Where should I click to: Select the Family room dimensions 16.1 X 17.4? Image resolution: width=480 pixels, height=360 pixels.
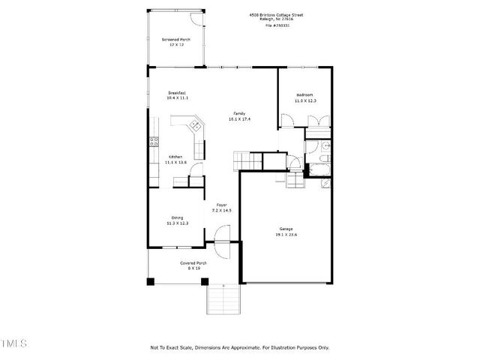[x=240, y=119]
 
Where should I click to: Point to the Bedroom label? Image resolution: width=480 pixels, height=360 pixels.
[x=304, y=95]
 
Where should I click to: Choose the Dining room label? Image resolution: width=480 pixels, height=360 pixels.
[x=177, y=217]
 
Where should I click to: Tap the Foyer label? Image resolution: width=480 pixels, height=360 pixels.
[x=222, y=205]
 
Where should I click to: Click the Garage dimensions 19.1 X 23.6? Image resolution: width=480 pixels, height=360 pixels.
[x=286, y=235]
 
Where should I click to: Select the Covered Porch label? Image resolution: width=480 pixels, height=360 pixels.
[x=193, y=263]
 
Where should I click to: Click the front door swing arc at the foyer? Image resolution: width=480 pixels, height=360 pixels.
[x=223, y=236]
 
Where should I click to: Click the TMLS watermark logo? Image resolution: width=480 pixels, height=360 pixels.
[x=14, y=343]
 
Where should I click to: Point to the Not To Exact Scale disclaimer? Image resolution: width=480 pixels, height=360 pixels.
[x=239, y=347]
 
